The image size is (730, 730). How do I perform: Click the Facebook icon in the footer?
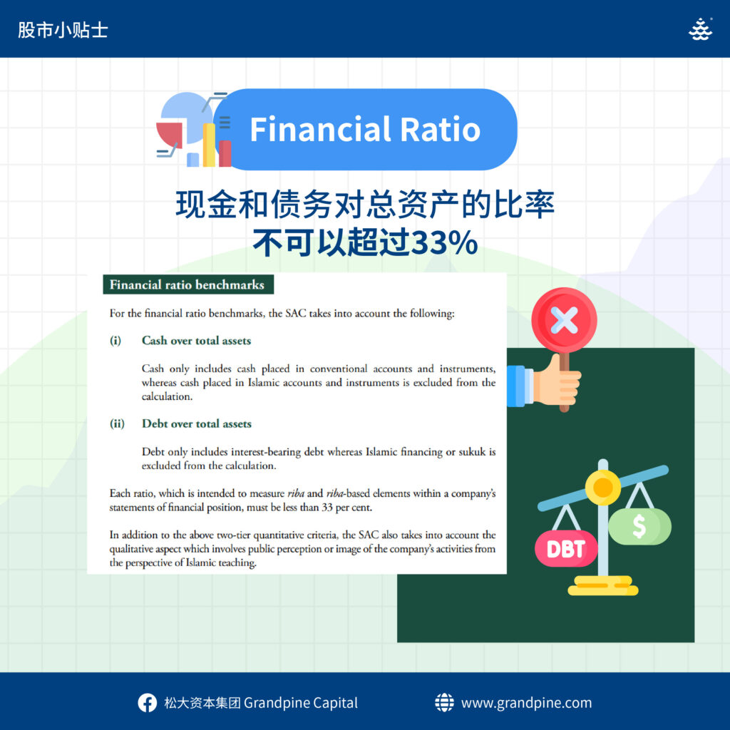[x=147, y=702]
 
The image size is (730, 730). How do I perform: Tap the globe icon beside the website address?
[x=444, y=702]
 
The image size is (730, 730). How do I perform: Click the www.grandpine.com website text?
[x=527, y=703]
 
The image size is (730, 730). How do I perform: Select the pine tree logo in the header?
[x=700, y=29]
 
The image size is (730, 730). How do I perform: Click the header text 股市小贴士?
[x=63, y=30]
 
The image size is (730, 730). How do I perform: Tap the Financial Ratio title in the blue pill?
[x=365, y=129]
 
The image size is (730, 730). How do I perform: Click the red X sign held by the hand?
[x=565, y=320]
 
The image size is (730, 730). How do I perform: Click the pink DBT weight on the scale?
[x=565, y=548]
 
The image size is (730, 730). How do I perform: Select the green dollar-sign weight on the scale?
[x=639, y=526]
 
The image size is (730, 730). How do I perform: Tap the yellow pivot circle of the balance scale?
[x=603, y=488]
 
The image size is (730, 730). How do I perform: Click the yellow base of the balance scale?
[x=603, y=586]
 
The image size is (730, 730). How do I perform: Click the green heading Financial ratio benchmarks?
[x=187, y=284]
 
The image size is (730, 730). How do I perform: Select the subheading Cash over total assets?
[x=196, y=340]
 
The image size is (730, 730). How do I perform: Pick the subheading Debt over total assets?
[x=197, y=423]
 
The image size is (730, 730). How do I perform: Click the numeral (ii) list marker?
[x=117, y=423]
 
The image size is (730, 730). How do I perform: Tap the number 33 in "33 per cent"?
[x=327, y=507]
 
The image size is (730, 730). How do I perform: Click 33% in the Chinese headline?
[x=445, y=242]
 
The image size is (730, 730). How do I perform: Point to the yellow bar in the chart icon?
[x=209, y=145]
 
